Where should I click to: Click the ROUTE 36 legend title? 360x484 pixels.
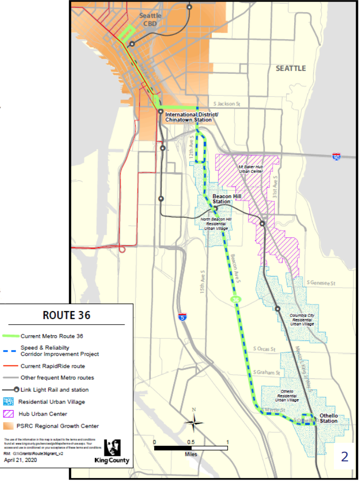[x=67, y=316]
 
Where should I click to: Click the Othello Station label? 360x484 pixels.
[x=329, y=418]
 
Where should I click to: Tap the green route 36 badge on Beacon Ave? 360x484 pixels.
[x=235, y=300]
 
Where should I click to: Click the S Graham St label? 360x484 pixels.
[x=267, y=372]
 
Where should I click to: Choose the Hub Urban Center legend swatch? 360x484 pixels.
[x=9, y=414]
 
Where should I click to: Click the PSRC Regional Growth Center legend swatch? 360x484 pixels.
[x=9, y=426]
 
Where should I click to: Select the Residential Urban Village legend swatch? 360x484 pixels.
[x=9, y=402]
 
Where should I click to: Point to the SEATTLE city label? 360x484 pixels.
[x=290, y=68]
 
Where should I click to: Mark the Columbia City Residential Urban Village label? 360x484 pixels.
[x=302, y=320]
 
